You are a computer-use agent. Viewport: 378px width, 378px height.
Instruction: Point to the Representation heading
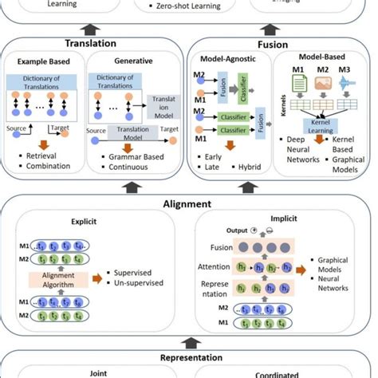[x=189, y=357]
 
